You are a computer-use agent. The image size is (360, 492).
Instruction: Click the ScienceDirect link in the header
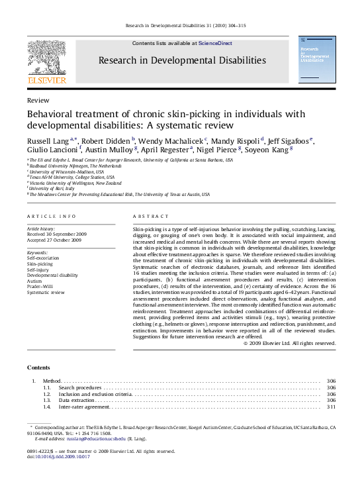coord(215,43)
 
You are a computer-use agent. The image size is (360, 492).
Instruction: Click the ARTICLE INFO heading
coord(51,217)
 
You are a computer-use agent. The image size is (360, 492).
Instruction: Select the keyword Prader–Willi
coord(39,286)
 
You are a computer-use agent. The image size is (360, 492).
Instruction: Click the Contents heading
coord(39,368)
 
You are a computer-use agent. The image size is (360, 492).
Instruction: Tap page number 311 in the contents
coord(332,407)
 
